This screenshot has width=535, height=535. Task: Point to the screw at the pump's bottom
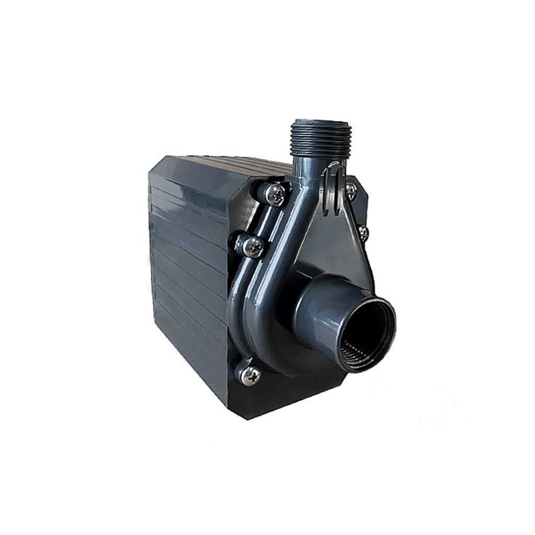coord(250,374)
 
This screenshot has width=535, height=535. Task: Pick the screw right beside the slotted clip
coord(351,190)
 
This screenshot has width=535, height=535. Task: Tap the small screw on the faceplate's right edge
coord(363,231)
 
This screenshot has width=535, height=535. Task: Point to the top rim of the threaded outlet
coord(321,122)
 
